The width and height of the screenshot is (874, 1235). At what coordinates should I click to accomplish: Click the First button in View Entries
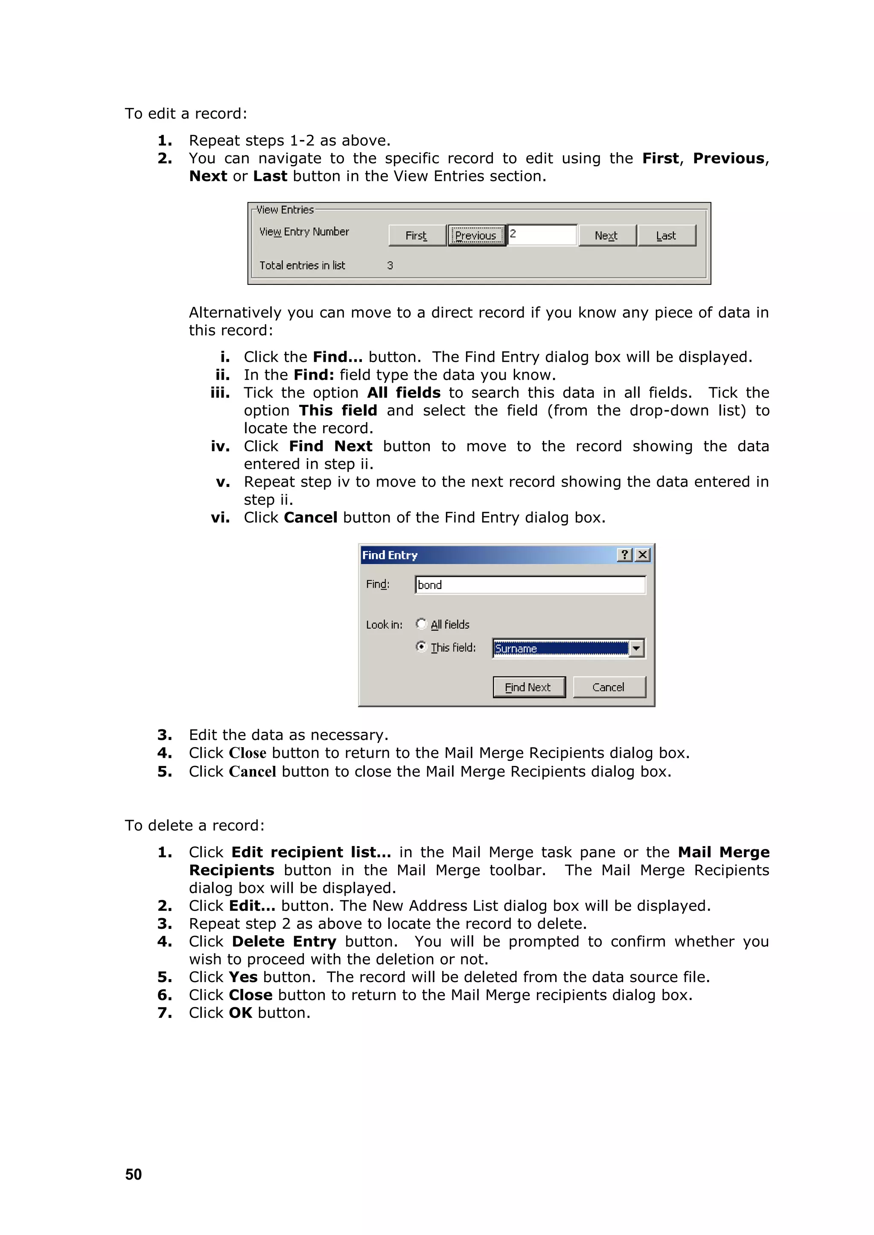[417, 235]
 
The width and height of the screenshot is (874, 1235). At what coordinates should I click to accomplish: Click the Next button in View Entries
[606, 235]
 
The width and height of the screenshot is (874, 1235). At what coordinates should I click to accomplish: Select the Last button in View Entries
[666, 235]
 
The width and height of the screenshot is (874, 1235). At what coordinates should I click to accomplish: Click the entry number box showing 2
[542, 235]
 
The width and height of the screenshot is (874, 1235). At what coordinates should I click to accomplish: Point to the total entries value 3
[390, 265]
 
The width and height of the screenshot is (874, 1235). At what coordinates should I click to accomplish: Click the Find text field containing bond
[530, 585]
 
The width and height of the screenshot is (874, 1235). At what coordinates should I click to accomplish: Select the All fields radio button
[421, 624]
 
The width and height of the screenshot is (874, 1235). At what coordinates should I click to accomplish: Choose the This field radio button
[421, 646]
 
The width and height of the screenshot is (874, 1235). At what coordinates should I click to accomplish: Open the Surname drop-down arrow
[637, 649]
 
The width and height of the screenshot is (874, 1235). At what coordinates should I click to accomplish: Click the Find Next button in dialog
[528, 687]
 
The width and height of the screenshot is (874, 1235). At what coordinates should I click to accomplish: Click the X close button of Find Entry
[643, 554]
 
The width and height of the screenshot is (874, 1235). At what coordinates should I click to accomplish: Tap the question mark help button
[624, 554]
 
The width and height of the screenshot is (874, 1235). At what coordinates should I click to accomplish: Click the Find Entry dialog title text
[390, 555]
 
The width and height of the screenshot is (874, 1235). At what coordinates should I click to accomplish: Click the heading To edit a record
[186, 113]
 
